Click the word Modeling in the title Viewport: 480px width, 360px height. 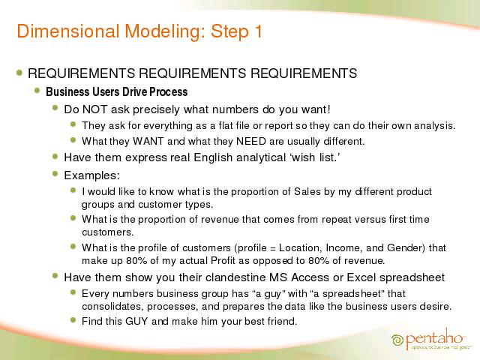click(x=165, y=31)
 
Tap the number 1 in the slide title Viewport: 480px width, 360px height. click(x=258, y=31)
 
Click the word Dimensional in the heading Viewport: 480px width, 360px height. click(x=68, y=31)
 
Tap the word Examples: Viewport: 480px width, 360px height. click(x=91, y=175)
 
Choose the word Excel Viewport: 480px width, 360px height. click(x=361, y=277)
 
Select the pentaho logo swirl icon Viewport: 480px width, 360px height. click(x=397, y=340)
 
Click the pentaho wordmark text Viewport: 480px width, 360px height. click(x=433, y=338)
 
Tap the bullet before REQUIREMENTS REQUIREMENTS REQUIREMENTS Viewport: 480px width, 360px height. click(x=19, y=73)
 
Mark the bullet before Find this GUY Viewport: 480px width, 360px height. click(x=73, y=320)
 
